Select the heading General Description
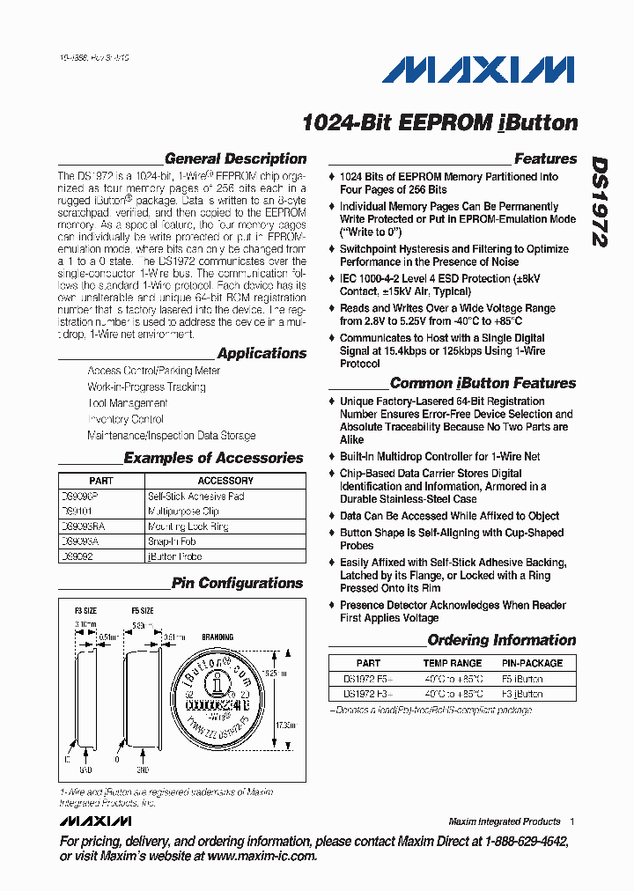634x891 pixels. tap(235, 159)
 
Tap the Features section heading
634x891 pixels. tap(545, 159)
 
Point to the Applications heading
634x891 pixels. tap(262, 354)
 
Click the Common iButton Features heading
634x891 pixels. tap(483, 384)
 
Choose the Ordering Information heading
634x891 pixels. tap(501, 641)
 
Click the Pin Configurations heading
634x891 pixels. tap(237, 584)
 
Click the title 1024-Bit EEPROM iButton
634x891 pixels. tap(439, 123)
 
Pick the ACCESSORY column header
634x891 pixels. tap(225, 481)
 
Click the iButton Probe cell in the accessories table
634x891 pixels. tap(175, 556)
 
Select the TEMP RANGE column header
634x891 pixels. tap(453, 663)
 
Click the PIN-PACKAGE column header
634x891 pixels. tap(532, 663)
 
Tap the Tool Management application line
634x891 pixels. tap(128, 403)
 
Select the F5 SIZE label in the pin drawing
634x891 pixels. tap(143, 610)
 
